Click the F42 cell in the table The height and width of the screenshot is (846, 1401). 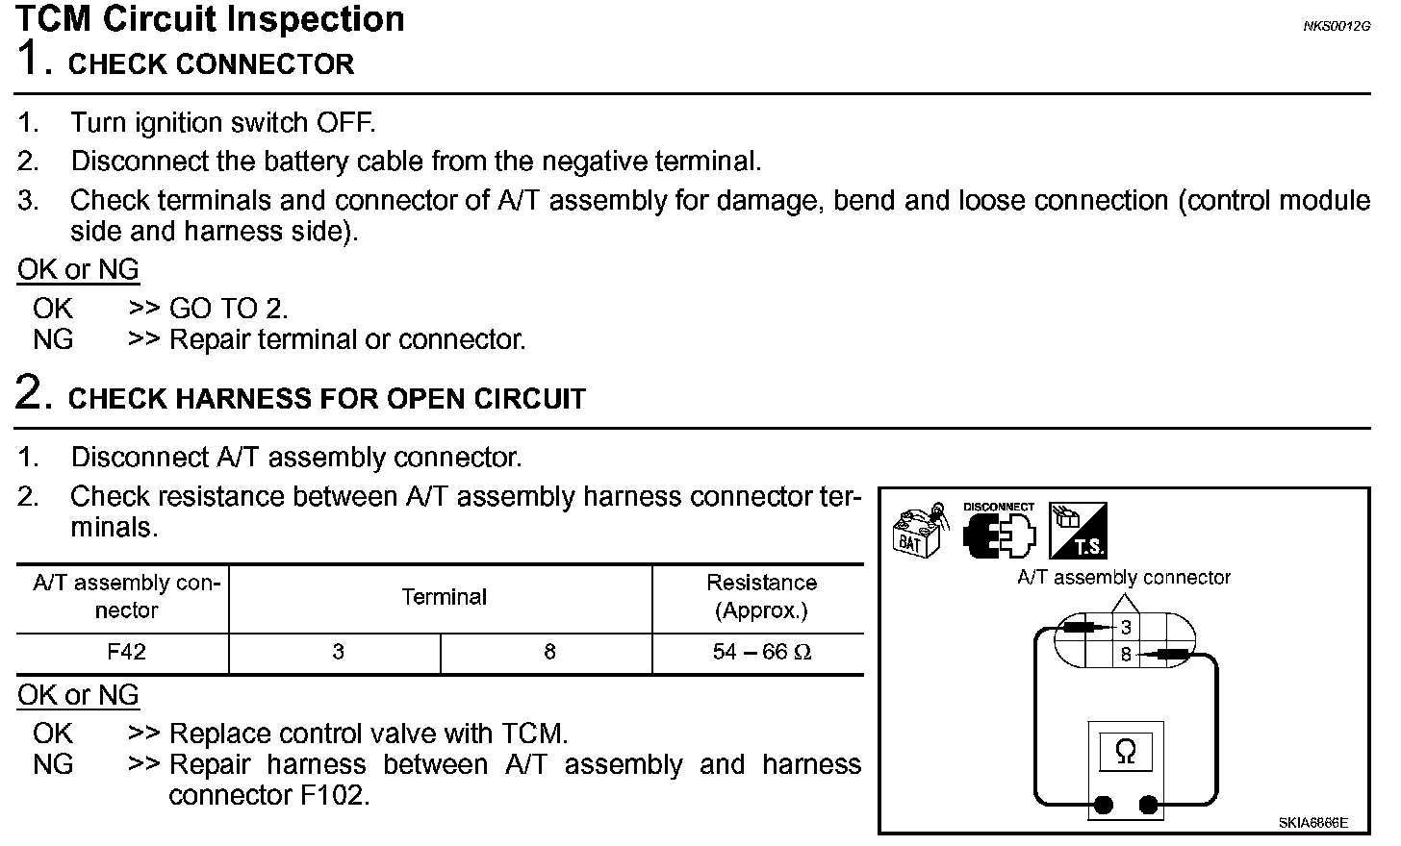click(x=126, y=652)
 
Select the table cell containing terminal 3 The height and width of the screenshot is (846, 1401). click(x=338, y=652)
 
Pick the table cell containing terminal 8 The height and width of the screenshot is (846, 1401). click(x=549, y=652)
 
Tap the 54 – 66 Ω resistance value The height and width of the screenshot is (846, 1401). click(x=761, y=652)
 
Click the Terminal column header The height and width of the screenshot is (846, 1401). click(x=444, y=597)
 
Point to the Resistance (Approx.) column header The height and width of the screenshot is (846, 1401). click(x=761, y=596)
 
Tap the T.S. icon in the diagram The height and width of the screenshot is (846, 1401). click(x=1078, y=531)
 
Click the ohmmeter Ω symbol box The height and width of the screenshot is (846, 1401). click(x=1125, y=752)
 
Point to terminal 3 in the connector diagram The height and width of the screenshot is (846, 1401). click(x=1126, y=629)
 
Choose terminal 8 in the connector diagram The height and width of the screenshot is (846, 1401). click(x=1126, y=656)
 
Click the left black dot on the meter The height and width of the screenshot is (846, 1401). click(x=1104, y=804)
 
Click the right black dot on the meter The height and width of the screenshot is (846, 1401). click(x=1147, y=804)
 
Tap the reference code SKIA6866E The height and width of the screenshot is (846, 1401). click(x=1312, y=823)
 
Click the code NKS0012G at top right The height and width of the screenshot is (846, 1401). click(x=1337, y=26)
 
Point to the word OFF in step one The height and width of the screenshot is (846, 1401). click(x=344, y=123)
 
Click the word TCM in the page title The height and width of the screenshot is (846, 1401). click(x=58, y=19)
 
